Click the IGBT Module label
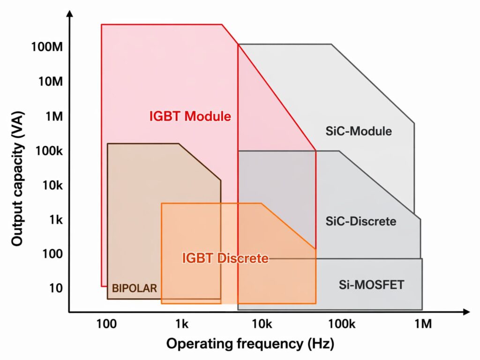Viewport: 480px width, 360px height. click(x=190, y=116)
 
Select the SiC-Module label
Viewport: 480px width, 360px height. click(x=358, y=131)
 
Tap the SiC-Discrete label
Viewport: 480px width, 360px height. click(x=360, y=221)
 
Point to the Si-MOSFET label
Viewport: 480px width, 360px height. click(x=371, y=284)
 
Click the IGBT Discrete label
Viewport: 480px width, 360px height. click(x=225, y=258)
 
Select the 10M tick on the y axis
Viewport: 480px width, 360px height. click(x=50, y=82)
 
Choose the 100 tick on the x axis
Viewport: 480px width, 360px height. click(x=106, y=323)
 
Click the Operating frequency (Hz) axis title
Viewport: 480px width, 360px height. click(x=250, y=344)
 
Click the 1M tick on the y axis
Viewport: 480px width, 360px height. click(x=53, y=116)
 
